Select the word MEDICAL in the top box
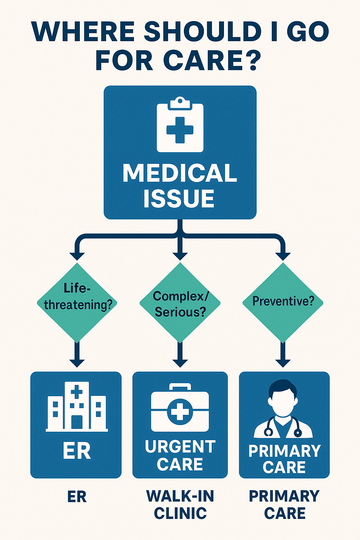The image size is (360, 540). (x=180, y=173)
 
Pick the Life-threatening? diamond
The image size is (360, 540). (x=77, y=302)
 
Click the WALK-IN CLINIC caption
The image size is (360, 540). (x=180, y=504)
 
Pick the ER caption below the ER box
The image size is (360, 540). (x=77, y=497)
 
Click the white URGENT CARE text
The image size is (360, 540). (x=180, y=455)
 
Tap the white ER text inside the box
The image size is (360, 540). (x=77, y=451)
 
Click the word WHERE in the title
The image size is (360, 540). (x=83, y=32)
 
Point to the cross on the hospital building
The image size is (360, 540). (x=77, y=391)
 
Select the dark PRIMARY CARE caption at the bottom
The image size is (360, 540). (x=284, y=504)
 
